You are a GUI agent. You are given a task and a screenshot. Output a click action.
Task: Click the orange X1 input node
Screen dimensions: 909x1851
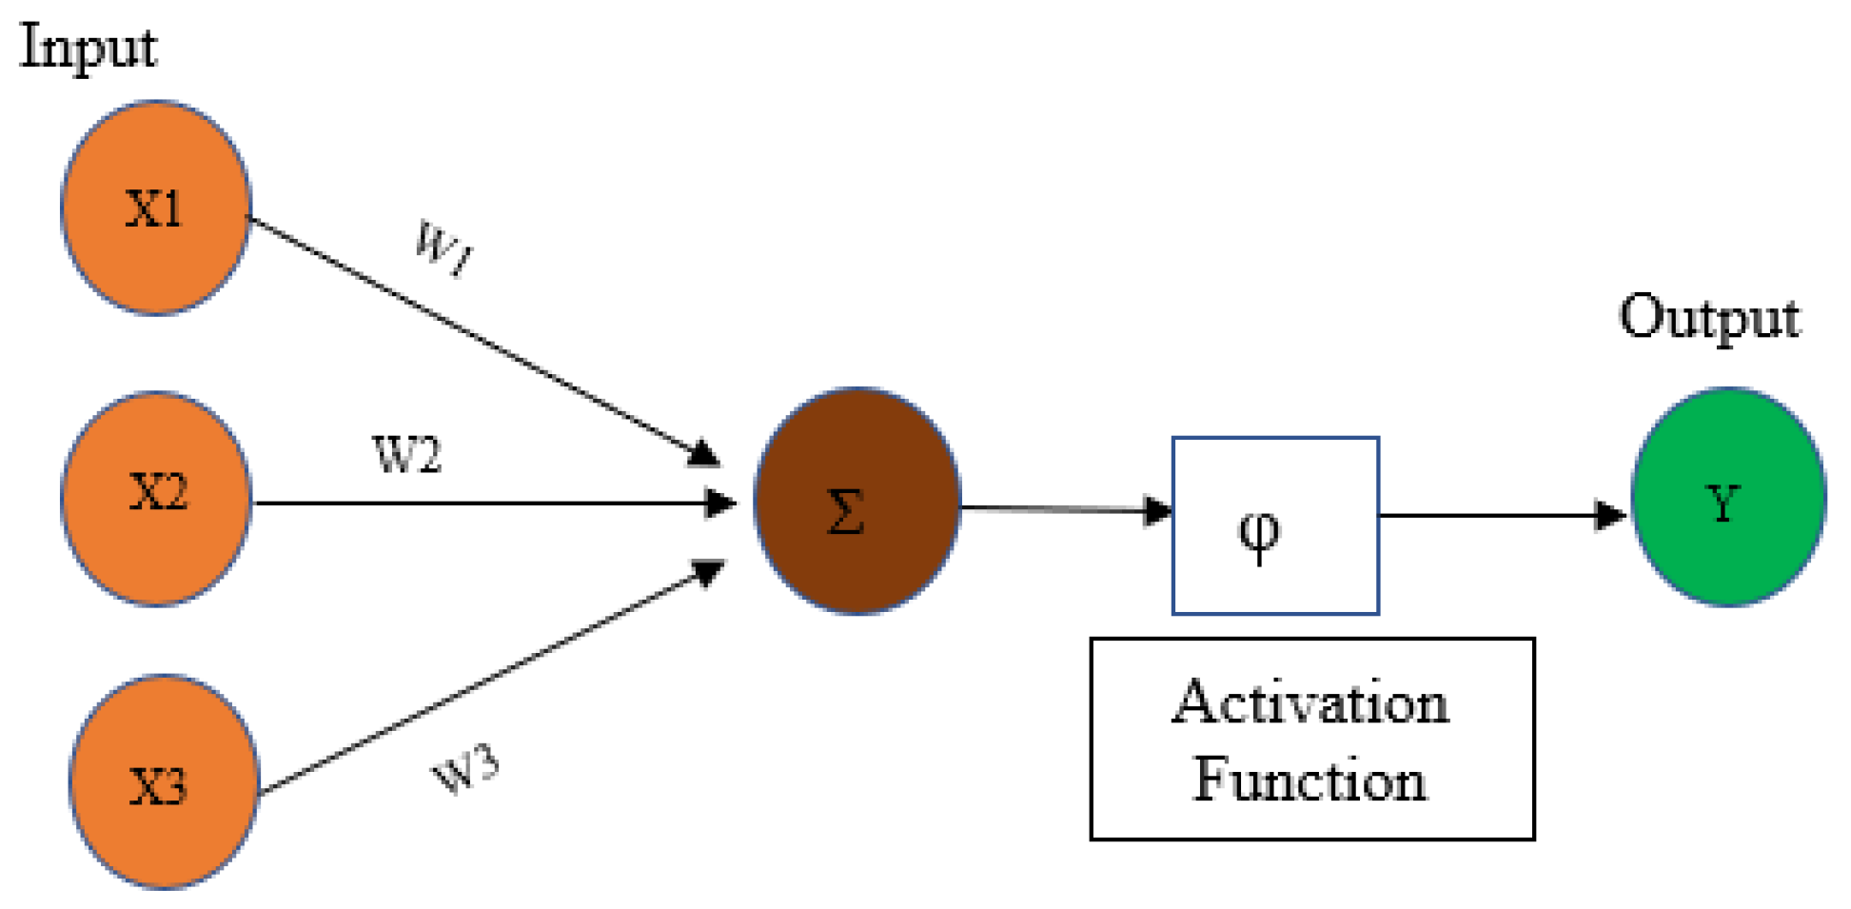155,207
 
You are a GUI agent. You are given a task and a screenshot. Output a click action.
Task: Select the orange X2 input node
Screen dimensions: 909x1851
157,498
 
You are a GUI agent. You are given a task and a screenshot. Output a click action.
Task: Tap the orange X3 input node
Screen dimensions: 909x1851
164,782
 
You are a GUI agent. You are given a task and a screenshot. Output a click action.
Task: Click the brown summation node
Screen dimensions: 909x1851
857,501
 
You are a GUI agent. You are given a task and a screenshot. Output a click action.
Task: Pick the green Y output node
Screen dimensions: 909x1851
1727,497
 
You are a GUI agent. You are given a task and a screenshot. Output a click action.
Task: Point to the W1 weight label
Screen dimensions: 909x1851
443,247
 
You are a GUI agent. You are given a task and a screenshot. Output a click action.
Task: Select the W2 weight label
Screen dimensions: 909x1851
406,455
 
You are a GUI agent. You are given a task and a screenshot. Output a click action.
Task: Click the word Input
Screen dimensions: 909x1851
88,48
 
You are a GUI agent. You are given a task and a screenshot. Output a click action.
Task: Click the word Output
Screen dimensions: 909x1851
1709,317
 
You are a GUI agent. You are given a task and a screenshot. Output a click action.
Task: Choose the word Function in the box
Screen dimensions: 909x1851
1310,781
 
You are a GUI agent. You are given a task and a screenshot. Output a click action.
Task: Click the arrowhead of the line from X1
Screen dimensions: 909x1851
702,453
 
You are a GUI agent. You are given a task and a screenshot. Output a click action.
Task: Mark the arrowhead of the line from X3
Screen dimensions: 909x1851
708,572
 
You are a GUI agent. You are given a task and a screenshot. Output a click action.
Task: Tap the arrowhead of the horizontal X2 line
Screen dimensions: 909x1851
720,503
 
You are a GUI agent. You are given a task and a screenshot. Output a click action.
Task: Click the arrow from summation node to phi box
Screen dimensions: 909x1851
1066,509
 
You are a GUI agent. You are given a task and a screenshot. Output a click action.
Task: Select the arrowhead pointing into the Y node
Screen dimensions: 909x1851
1610,515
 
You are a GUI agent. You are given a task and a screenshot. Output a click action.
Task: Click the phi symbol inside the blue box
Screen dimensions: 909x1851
1259,536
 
